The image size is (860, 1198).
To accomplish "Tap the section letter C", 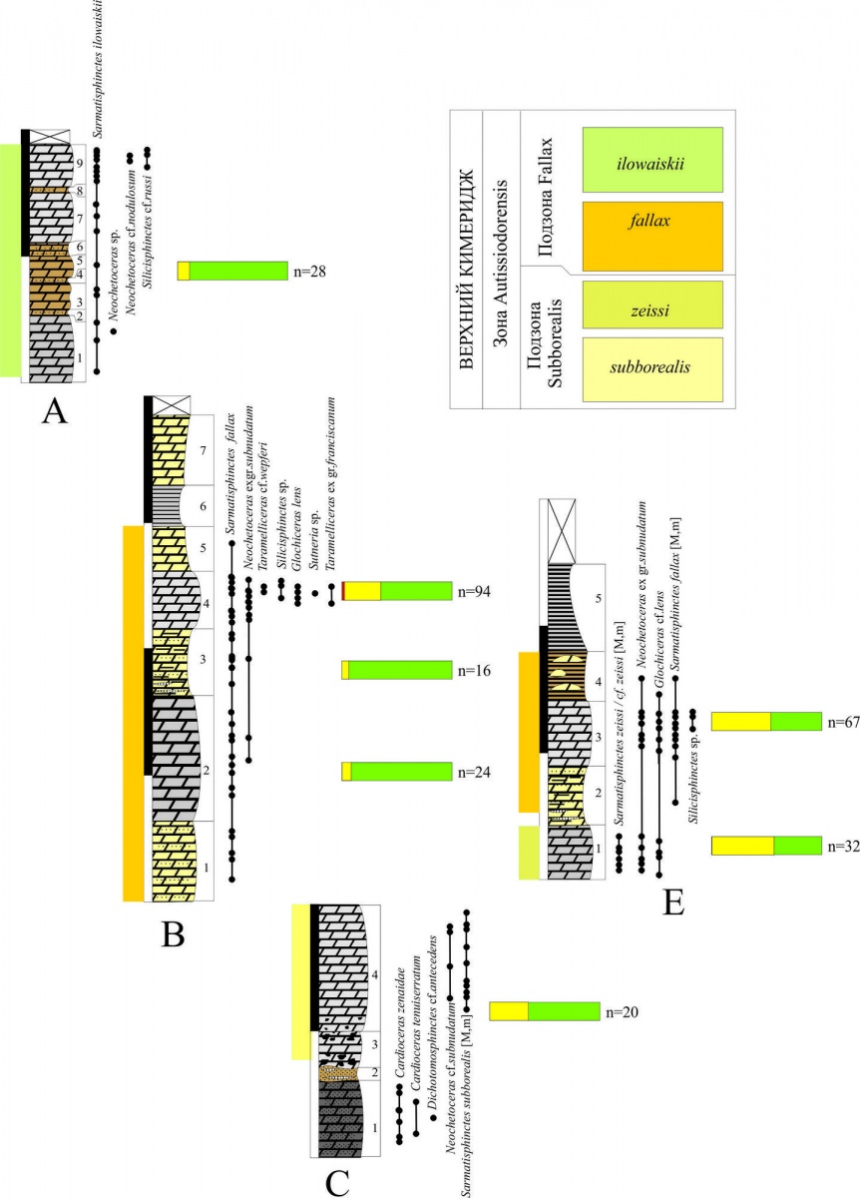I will (x=337, y=1182).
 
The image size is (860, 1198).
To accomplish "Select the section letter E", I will (x=674, y=902).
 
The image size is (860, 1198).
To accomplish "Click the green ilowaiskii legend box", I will (x=652, y=160).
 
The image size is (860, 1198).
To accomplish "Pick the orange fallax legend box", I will (x=652, y=236).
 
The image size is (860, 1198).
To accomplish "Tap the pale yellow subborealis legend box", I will (x=652, y=369).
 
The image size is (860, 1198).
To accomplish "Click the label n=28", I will (x=311, y=271).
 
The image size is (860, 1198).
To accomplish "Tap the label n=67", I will (x=843, y=721).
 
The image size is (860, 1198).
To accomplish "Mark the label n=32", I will (x=843, y=846).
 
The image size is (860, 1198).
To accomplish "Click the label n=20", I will (x=622, y=1011).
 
